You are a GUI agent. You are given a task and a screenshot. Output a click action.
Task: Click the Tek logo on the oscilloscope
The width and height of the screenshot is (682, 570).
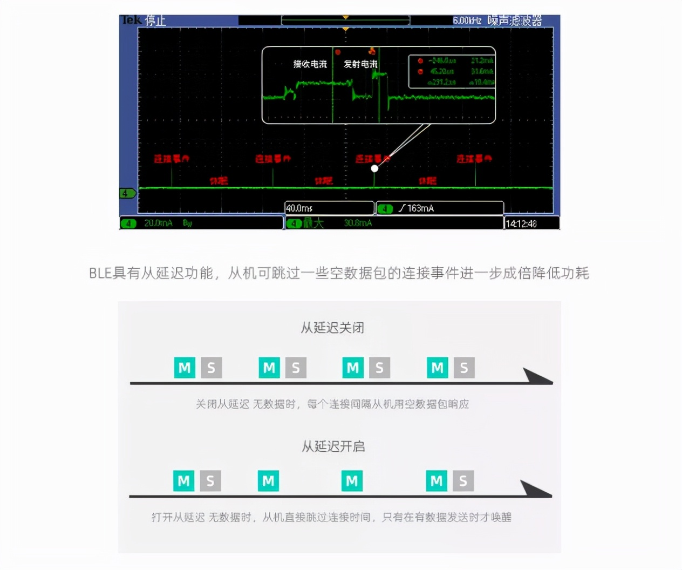(x=131, y=20)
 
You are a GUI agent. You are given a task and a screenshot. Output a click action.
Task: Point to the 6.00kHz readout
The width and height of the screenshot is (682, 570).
(x=467, y=21)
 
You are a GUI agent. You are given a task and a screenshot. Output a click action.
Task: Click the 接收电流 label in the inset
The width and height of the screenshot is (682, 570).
(x=310, y=64)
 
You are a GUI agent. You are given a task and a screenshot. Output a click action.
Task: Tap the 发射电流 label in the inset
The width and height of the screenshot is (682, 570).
(x=360, y=64)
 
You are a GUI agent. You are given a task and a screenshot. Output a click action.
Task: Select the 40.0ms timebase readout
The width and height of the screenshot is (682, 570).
(x=299, y=208)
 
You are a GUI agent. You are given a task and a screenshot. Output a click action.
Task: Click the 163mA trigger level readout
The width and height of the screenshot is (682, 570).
(x=420, y=208)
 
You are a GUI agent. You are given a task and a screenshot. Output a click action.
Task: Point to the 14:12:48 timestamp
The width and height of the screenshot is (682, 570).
(x=521, y=223)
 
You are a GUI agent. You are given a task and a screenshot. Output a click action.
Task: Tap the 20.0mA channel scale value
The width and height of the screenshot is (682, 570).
(x=158, y=223)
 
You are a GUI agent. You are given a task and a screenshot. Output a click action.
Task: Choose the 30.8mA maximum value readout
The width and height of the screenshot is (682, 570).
(x=358, y=223)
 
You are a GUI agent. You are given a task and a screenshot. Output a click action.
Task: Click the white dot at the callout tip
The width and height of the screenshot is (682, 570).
(x=374, y=168)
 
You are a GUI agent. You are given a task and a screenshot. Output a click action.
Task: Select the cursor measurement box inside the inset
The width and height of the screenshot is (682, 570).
(x=452, y=71)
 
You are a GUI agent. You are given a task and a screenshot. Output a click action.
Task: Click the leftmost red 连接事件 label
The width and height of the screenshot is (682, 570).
(x=172, y=159)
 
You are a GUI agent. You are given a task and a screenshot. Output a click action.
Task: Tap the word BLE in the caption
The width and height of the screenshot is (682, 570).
(x=100, y=273)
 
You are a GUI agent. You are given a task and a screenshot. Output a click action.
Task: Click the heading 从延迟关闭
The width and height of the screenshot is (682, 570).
(x=332, y=328)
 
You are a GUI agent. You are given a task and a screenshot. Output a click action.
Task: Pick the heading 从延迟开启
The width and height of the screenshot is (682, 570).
(x=333, y=446)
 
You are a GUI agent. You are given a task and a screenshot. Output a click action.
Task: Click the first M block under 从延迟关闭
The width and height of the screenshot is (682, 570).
(x=185, y=368)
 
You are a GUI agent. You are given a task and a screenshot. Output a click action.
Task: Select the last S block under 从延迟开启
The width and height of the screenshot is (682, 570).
(x=463, y=481)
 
